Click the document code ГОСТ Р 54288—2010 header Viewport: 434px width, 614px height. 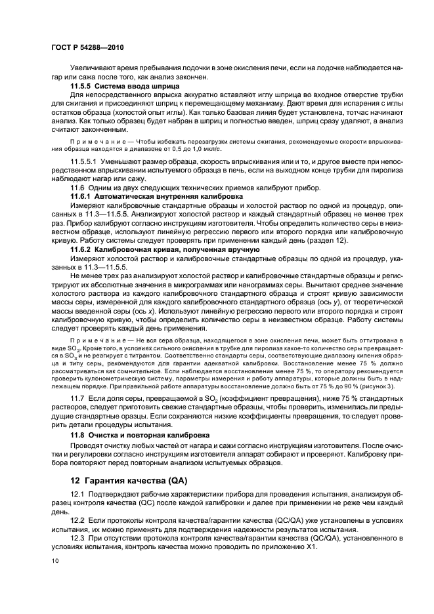pos(87,48)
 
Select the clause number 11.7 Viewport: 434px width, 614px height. pos(77,399)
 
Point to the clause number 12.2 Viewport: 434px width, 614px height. pos(77,519)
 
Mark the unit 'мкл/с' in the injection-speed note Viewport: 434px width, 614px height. pos(201,148)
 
